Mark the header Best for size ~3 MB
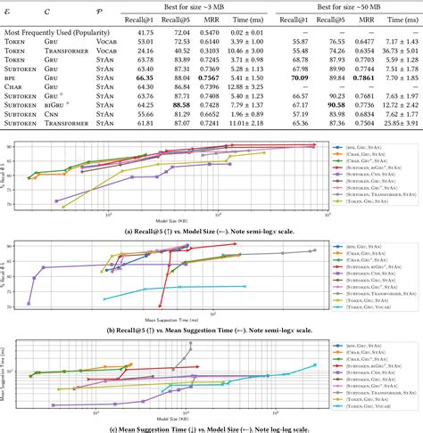pos(196,5)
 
